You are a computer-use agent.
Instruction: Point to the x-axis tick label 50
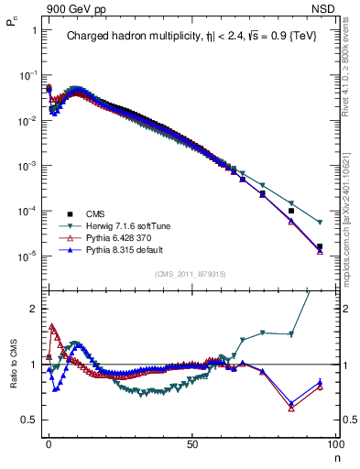coord(191,443)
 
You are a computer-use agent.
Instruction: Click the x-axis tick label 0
coord(49,443)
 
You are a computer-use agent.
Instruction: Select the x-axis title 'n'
coord(335,455)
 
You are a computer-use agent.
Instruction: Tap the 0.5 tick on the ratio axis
coord(28,420)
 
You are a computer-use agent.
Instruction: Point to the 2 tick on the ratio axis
coord(33,309)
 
